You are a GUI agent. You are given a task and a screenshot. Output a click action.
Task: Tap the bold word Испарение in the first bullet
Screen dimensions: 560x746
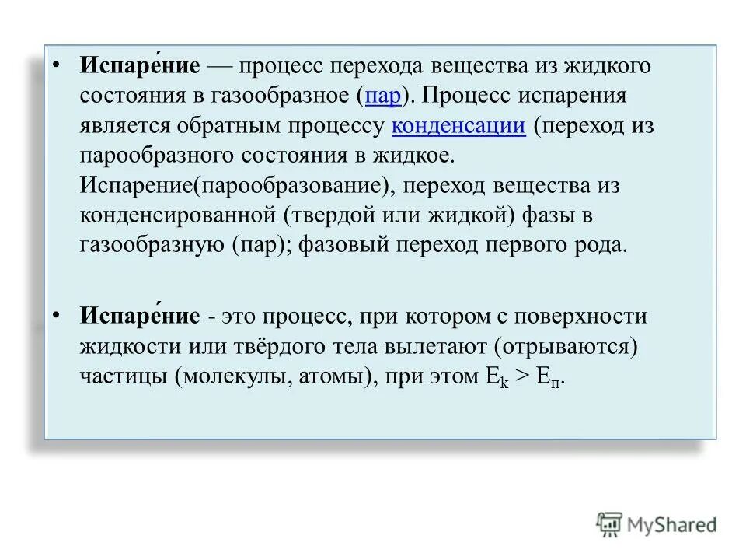[139, 65]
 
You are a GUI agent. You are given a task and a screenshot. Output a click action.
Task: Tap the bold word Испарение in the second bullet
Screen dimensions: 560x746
[139, 316]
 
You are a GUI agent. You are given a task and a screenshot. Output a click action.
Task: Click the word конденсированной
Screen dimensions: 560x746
[178, 215]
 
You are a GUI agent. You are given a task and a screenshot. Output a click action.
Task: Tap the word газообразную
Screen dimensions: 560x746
[151, 246]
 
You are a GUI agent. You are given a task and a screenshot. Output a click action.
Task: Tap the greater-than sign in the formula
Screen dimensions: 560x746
[522, 377]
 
